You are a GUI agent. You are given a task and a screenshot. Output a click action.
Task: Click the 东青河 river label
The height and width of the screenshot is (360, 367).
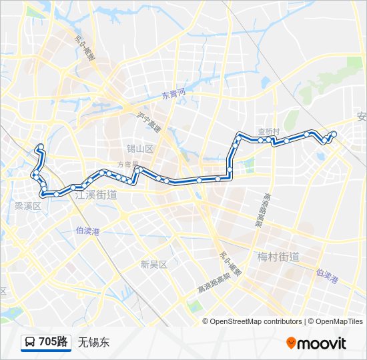[x=173, y=95]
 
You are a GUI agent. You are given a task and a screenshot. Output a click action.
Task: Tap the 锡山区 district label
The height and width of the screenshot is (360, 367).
[x=141, y=149]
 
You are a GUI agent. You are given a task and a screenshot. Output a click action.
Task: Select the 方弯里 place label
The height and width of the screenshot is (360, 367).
[x=127, y=164]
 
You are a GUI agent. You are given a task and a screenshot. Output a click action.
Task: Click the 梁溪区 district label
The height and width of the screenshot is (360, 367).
[x=28, y=207]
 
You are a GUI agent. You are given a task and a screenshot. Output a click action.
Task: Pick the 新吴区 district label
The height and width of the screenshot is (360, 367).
[x=153, y=264]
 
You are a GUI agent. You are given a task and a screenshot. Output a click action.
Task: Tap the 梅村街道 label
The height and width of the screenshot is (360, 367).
[x=278, y=257]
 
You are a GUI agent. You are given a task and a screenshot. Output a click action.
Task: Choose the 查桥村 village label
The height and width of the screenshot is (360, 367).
[x=268, y=132]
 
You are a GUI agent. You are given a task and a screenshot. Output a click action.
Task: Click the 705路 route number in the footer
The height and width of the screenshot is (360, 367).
[x=53, y=342]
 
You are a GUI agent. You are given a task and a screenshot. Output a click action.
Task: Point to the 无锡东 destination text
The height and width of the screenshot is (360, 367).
[x=93, y=343]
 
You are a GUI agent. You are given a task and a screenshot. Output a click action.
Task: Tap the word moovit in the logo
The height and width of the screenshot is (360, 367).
[x=322, y=343]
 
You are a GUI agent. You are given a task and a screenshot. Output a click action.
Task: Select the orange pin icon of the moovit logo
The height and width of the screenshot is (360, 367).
[x=291, y=343]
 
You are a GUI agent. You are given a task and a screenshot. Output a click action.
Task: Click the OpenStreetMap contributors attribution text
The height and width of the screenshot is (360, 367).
[x=256, y=321]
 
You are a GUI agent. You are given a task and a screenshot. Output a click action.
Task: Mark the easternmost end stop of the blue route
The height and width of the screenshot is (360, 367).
[x=334, y=135]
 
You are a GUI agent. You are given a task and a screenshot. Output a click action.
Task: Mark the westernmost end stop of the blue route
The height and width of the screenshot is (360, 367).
[x=41, y=146]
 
